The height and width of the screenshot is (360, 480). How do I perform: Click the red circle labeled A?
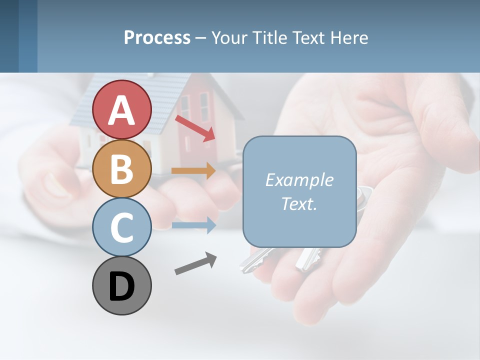(121, 109)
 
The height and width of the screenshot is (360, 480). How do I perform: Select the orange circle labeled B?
(121, 168)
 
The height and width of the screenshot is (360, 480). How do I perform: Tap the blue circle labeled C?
(121, 227)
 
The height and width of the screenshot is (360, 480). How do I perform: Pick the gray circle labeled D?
(121, 285)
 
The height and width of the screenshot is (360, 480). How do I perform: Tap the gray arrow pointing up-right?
(195, 263)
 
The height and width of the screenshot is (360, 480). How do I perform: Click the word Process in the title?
(157, 37)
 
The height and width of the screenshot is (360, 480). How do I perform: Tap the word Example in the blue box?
(299, 180)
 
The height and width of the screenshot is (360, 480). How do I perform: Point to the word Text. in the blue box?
(299, 203)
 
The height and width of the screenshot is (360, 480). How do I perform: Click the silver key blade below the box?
(255, 260)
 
